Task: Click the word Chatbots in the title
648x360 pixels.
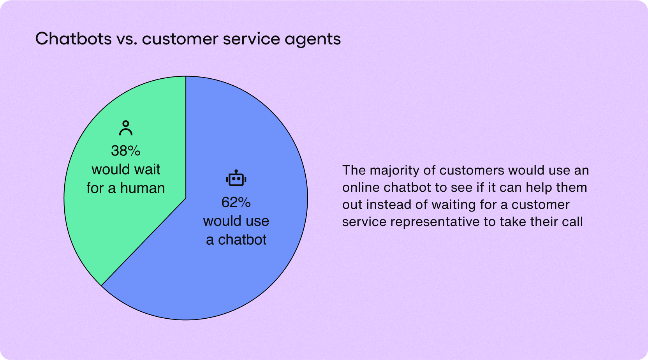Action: tap(73, 39)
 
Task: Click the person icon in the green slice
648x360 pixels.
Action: tap(126, 128)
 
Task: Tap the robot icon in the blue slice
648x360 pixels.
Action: tap(236, 178)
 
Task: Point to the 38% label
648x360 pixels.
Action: tap(126, 151)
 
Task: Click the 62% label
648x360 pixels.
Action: tap(236, 202)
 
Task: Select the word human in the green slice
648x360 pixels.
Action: tap(143, 188)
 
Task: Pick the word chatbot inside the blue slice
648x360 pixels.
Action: tap(242, 240)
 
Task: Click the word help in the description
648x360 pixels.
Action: tap(539, 187)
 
